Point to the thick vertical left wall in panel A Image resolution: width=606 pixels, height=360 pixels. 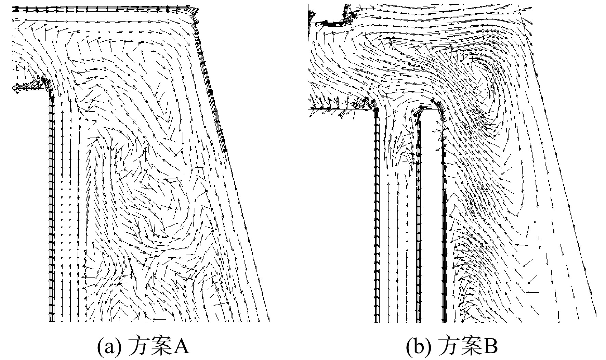[x=52, y=205]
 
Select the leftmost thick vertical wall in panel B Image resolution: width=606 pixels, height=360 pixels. [x=377, y=216]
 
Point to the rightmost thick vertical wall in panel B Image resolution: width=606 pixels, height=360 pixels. [x=444, y=219]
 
